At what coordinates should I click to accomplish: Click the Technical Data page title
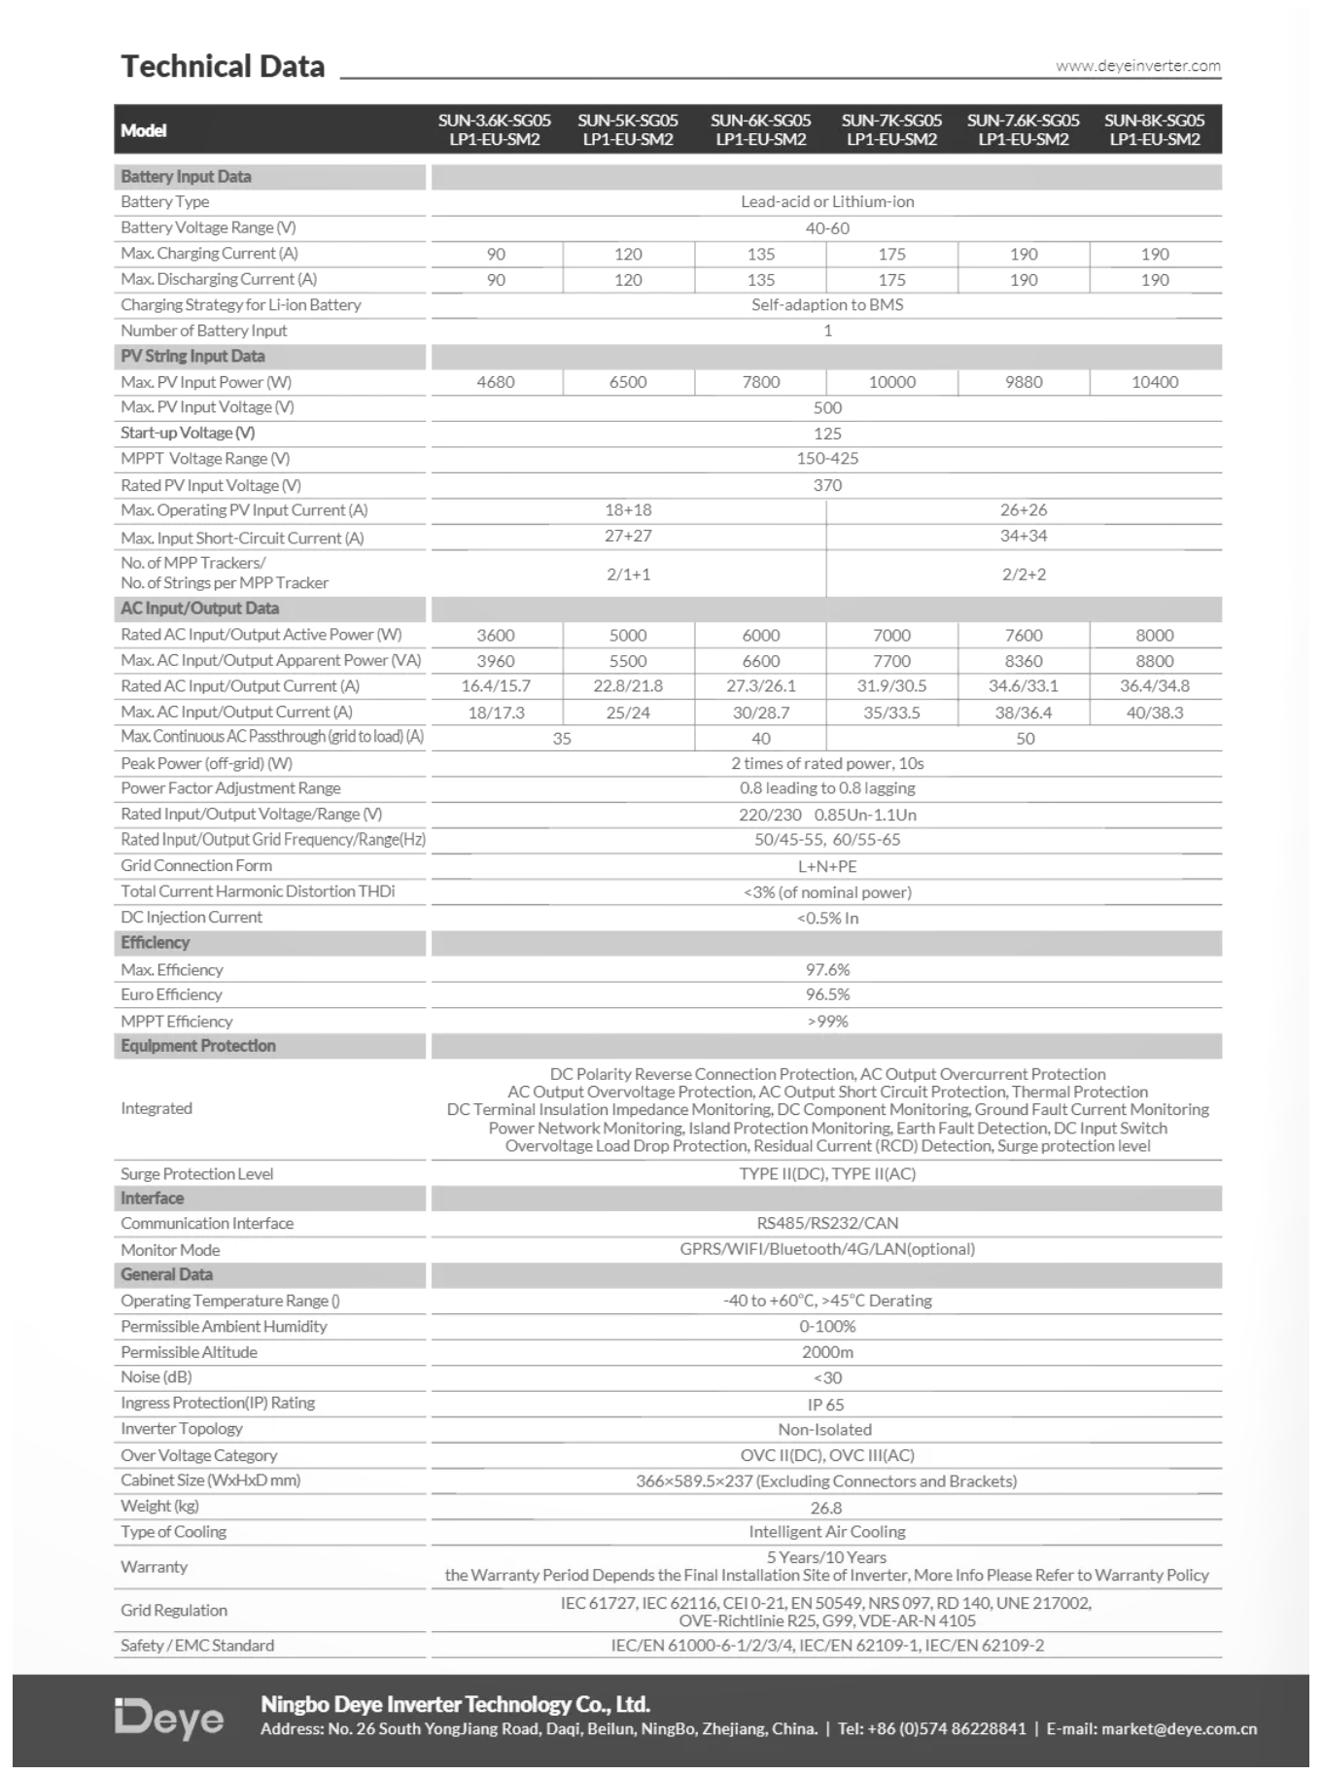pyautogui.click(x=223, y=66)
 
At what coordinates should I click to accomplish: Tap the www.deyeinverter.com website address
pyautogui.click(x=1137, y=66)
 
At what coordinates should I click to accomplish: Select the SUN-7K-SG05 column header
pyautogui.click(x=891, y=129)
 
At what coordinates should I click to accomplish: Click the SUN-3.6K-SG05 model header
pyautogui.click(x=494, y=129)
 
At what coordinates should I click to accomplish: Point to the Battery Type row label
pyautogui.click(x=164, y=202)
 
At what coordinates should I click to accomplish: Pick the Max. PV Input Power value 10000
pyautogui.click(x=891, y=383)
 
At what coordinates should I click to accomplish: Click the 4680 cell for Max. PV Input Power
pyautogui.click(x=496, y=383)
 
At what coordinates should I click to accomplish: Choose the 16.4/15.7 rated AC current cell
pyautogui.click(x=496, y=686)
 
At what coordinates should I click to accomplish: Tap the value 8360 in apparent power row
pyautogui.click(x=1024, y=661)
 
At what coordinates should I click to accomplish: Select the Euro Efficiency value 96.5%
pyautogui.click(x=827, y=995)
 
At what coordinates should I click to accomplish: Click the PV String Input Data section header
pyautogui.click(x=192, y=357)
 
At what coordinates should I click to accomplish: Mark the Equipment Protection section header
pyautogui.click(x=198, y=1046)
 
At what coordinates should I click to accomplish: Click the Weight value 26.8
pyautogui.click(x=826, y=1508)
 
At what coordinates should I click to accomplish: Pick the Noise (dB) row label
pyautogui.click(x=157, y=1377)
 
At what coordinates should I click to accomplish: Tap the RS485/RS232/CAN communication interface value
pyautogui.click(x=827, y=1224)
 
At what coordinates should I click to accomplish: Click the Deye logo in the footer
pyautogui.click(x=169, y=1719)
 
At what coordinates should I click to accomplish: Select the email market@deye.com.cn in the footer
pyautogui.click(x=1178, y=1729)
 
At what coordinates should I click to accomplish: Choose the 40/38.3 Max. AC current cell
pyautogui.click(x=1155, y=713)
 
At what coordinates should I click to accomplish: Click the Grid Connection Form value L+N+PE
pyautogui.click(x=827, y=866)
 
